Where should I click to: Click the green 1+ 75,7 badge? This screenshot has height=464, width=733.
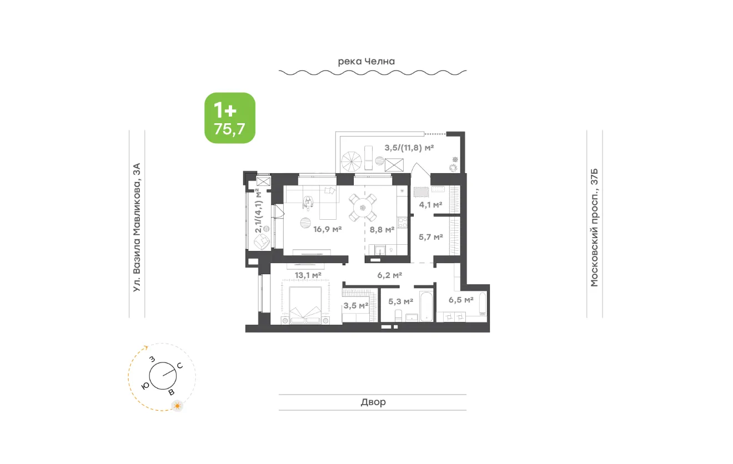coord(230,118)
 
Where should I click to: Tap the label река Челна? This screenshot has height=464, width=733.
coord(366,61)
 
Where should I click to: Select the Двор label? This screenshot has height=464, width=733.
coord(373,402)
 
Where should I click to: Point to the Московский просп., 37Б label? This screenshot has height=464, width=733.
coord(594,228)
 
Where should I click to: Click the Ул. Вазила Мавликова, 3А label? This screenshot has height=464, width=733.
coord(137,227)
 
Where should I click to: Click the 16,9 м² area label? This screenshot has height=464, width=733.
coord(327,229)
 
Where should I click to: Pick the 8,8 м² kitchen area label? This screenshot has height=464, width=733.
coord(382,230)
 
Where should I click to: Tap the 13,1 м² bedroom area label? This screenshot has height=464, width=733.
coord(308,275)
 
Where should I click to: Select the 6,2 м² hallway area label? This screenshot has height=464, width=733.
coord(389,275)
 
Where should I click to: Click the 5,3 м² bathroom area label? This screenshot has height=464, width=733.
coord(400,301)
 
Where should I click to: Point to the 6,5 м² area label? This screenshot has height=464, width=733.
coord(461,300)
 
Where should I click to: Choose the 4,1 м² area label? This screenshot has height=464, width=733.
coord(431,205)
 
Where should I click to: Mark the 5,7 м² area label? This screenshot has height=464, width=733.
coord(431,237)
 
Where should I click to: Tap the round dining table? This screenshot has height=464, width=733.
coord(363,208)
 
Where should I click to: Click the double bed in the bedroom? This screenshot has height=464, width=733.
coord(305,305)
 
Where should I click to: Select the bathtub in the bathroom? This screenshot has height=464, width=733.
coord(426,306)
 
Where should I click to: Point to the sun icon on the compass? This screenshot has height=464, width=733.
coord(177,406)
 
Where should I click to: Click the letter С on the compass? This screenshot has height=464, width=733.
coord(180,366)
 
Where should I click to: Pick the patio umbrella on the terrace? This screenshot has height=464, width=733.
coord(352,162)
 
